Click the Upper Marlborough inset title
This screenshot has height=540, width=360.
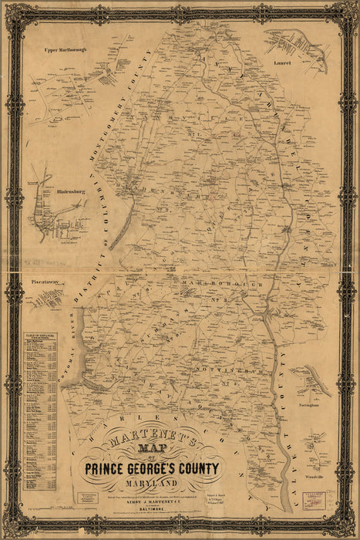tap(65, 49)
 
